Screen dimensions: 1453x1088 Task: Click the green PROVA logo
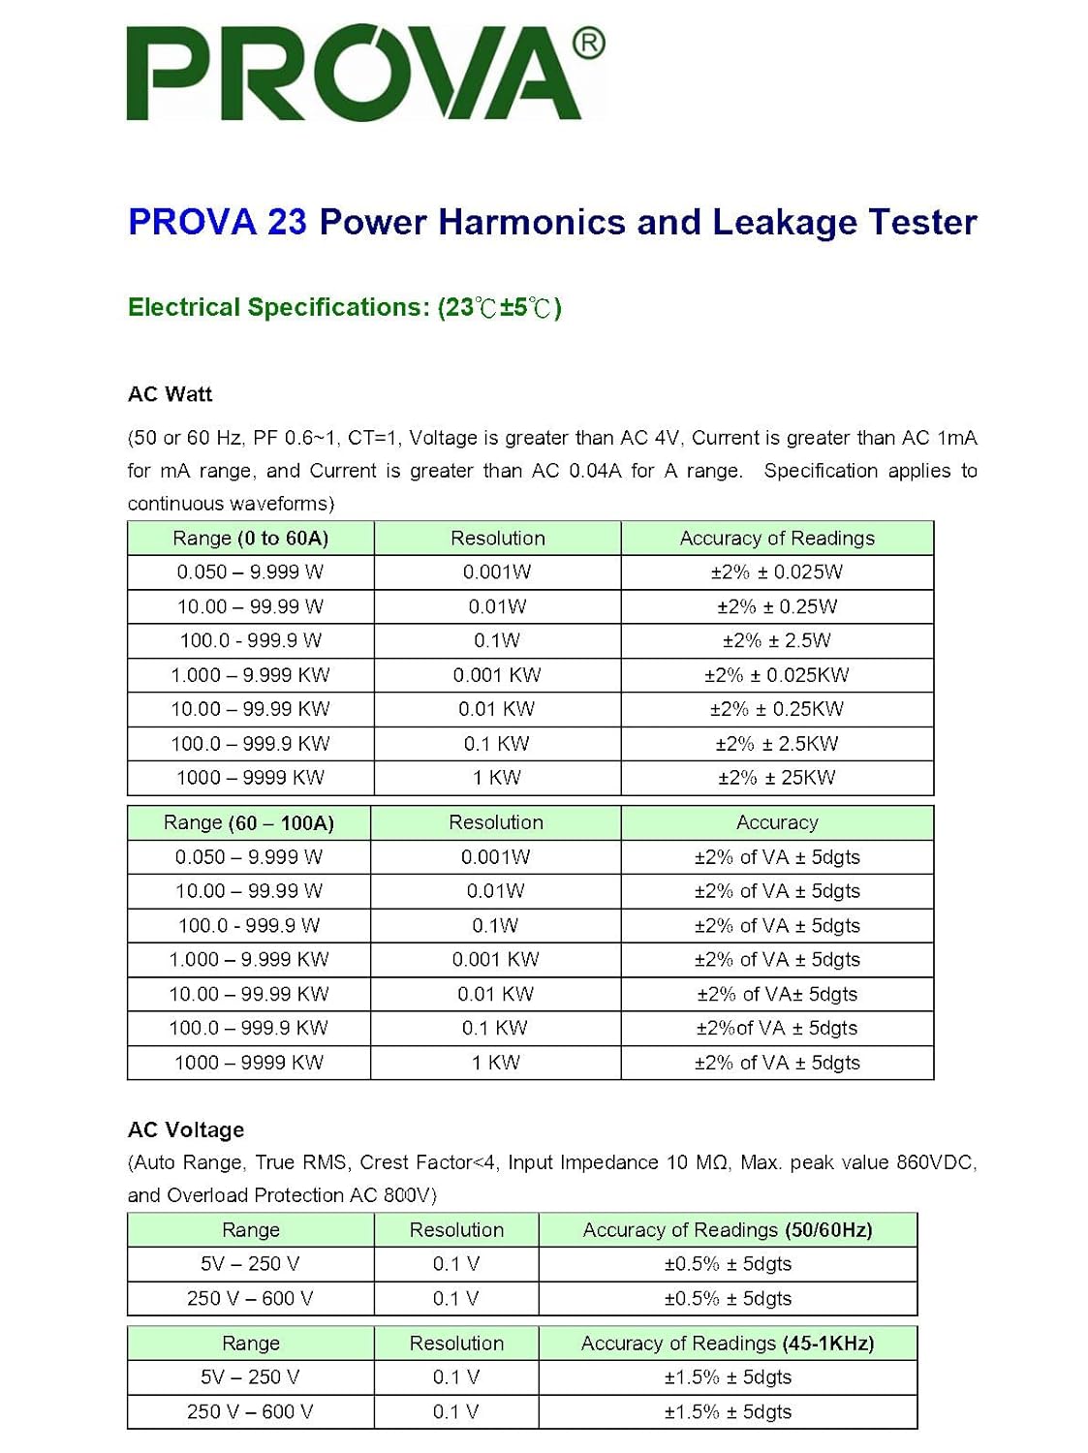pyautogui.click(x=354, y=74)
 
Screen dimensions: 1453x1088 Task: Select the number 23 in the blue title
pyautogui.click(x=287, y=222)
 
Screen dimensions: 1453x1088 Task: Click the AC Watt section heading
pyautogui.click(x=170, y=394)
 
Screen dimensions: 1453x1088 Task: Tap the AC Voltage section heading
pyautogui.click(x=186, y=1129)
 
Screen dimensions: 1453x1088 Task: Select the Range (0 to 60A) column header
pyautogui.click(x=250, y=539)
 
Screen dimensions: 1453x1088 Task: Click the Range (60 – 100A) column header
pyautogui.click(x=248, y=823)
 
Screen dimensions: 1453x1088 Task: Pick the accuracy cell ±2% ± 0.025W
pyautogui.click(x=776, y=572)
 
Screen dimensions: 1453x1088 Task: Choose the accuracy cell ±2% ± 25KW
pyautogui.click(x=776, y=778)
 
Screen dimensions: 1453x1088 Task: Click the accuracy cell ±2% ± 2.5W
pyautogui.click(x=776, y=640)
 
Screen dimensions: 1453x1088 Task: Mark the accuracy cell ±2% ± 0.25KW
pyautogui.click(x=776, y=709)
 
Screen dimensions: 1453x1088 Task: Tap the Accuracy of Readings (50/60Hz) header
pyautogui.click(x=727, y=1230)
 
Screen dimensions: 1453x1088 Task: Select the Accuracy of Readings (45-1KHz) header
pyautogui.click(x=727, y=1344)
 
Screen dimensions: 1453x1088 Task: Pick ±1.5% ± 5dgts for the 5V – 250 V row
pyautogui.click(x=728, y=1377)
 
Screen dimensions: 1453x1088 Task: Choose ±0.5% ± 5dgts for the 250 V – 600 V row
pyautogui.click(x=728, y=1299)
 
